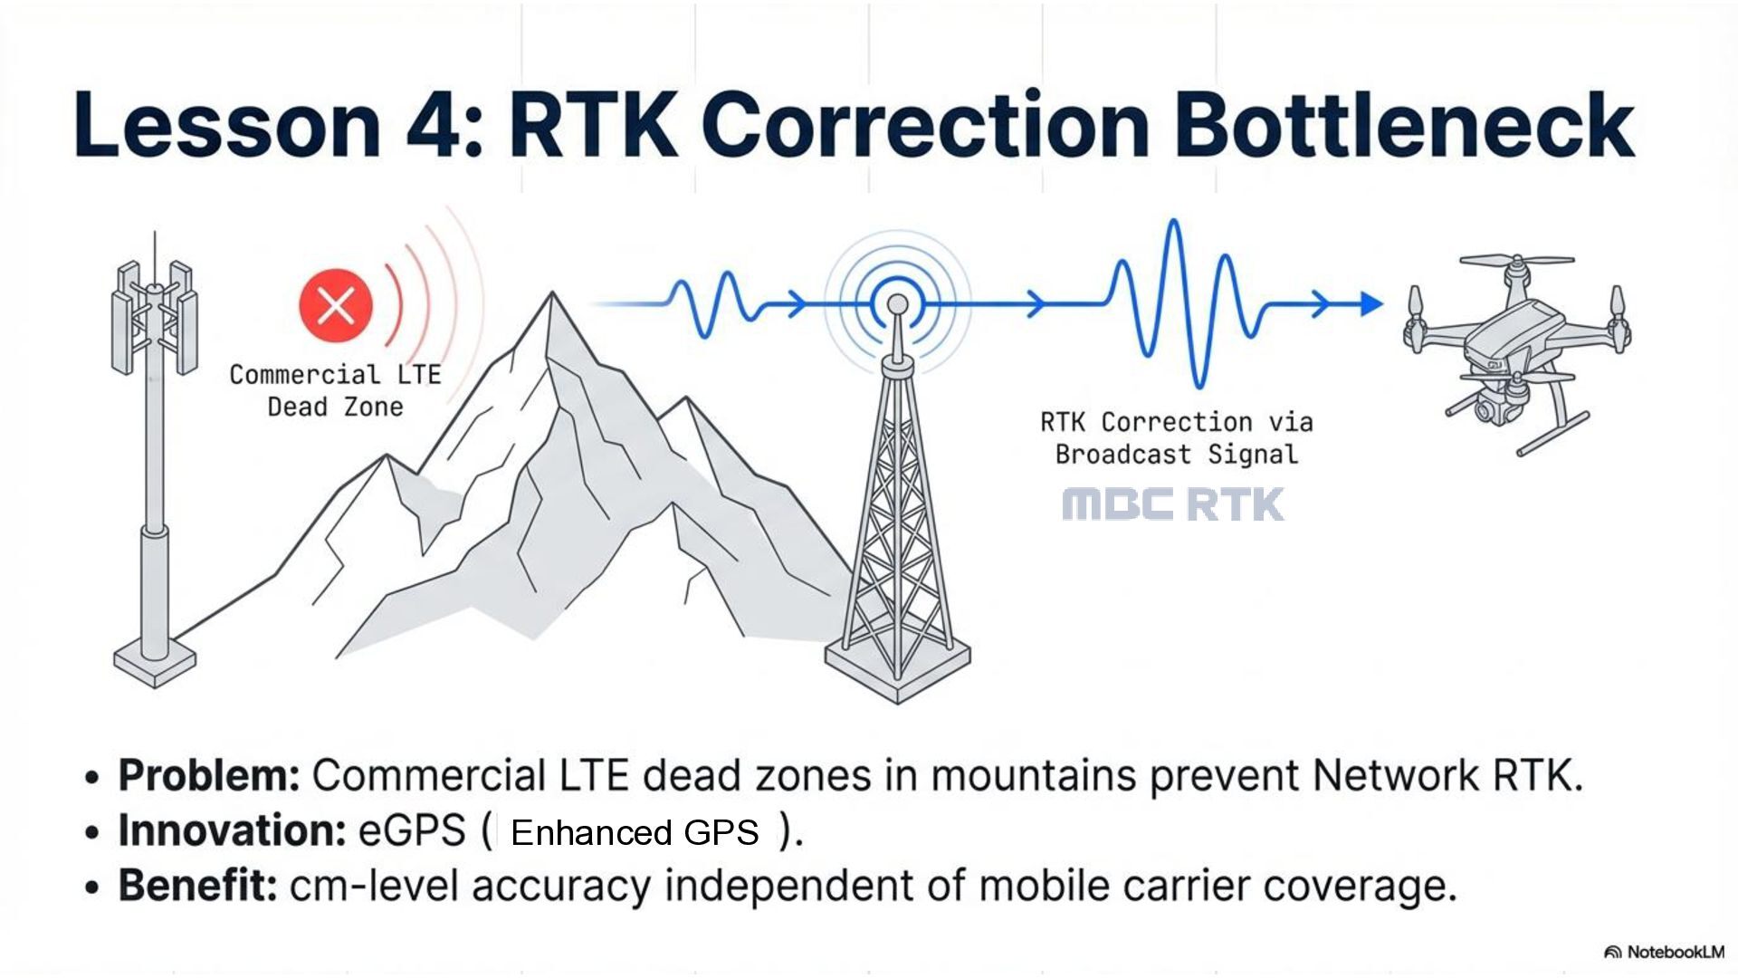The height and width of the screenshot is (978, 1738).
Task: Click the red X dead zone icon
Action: click(x=336, y=305)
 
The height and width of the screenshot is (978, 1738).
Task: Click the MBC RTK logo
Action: click(x=1173, y=504)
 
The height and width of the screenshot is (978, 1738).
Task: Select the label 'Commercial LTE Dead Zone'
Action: click(x=335, y=390)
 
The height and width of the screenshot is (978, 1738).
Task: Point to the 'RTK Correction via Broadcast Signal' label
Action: click(x=1176, y=437)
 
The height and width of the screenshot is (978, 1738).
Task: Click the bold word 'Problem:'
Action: click(x=209, y=776)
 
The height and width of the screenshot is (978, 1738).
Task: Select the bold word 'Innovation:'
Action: click(x=232, y=830)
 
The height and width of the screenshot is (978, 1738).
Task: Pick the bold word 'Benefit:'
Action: click(x=197, y=885)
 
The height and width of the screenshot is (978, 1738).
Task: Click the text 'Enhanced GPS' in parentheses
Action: click(x=635, y=832)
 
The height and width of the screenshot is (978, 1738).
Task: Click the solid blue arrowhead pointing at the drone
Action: click(x=1370, y=304)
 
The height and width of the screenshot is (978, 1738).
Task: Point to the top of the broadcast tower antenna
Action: click(x=897, y=304)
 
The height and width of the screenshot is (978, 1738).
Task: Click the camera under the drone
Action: click(x=1489, y=408)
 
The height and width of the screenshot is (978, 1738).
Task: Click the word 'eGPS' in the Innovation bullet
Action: click(x=412, y=830)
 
